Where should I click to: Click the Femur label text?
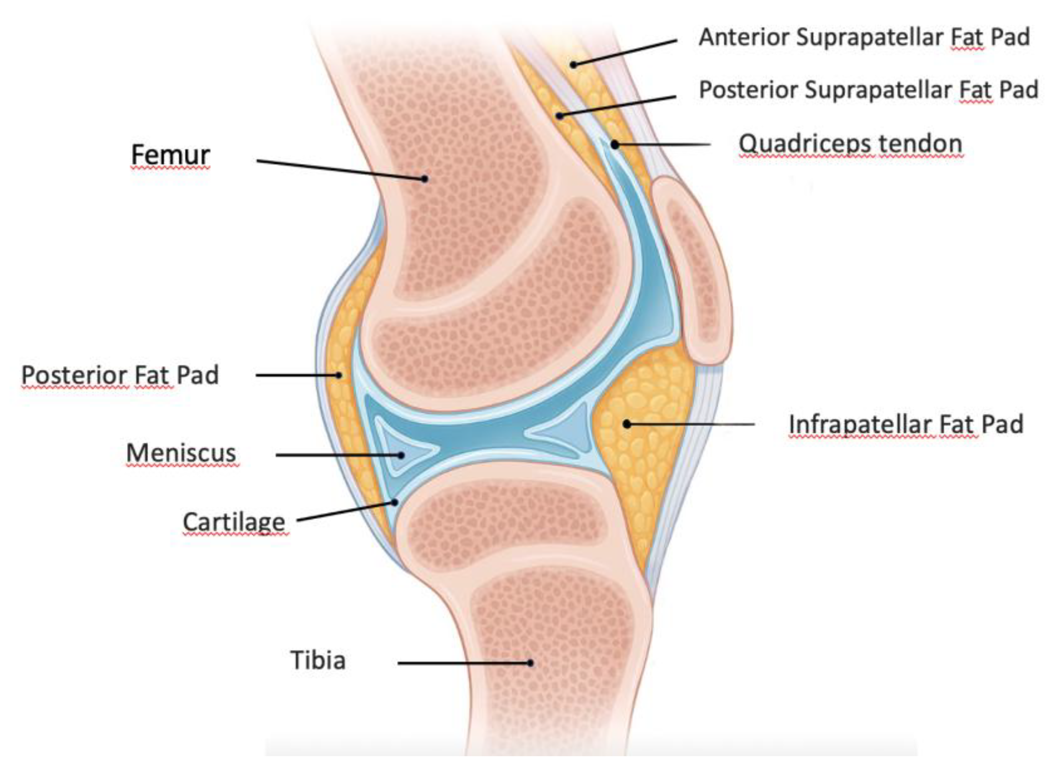click(170, 155)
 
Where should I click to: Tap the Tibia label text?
click(318, 660)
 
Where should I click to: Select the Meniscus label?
click(181, 453)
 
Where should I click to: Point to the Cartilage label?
click(234, 521)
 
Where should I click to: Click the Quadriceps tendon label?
click(850, 144)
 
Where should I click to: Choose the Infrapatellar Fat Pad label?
click(906, 424)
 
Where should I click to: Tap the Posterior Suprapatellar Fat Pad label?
click(868, 90)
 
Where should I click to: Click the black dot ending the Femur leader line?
click(424, 179)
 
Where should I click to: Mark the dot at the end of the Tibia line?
click(530, 663)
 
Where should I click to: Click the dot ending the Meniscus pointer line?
click(401, 455)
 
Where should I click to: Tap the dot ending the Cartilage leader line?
click(395, 503)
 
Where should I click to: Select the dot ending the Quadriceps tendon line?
click(615, 145)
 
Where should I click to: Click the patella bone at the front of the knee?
click(692, 270)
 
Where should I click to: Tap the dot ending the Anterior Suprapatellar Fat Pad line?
click(574, 65)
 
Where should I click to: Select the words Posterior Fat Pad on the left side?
click(120, 375)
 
